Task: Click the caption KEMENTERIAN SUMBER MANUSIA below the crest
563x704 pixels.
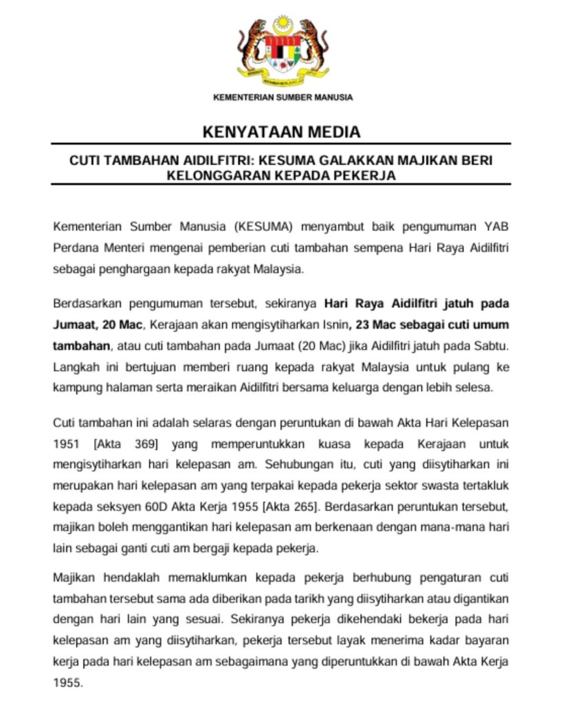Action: [283, 98]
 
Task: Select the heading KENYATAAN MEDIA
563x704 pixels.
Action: [281, 132]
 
